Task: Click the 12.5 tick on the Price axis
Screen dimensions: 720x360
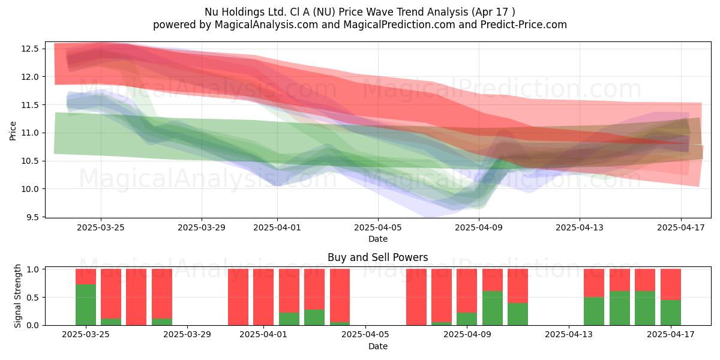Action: [x=30, y=49]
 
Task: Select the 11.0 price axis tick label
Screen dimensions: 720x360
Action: [x=30, y=133]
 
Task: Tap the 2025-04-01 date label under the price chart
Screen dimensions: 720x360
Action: [x=277, y=227]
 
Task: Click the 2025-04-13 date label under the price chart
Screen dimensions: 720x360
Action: [x=580, y=227]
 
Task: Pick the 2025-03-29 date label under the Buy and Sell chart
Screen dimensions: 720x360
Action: [x=187, y=335]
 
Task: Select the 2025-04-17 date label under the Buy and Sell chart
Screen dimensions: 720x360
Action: [x=671, y=335]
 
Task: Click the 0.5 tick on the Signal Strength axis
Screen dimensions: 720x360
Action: [x=32, y=298]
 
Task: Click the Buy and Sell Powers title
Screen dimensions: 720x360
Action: [x=377, y=257]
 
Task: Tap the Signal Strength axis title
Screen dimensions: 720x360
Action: [x=17, y=296]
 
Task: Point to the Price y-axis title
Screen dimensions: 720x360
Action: [x=13, y=131]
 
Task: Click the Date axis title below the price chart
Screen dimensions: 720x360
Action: [x=377, y=239]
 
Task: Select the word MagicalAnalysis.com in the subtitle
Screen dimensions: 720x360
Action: [x=266, y=25]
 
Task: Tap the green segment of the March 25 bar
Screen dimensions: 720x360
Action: [x=86, y=305]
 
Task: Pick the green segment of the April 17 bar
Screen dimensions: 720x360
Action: [x=671, y=313]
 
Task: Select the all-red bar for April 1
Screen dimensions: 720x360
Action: [x=263, y=297]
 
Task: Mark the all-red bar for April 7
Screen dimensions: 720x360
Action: [x=416, y=297]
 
